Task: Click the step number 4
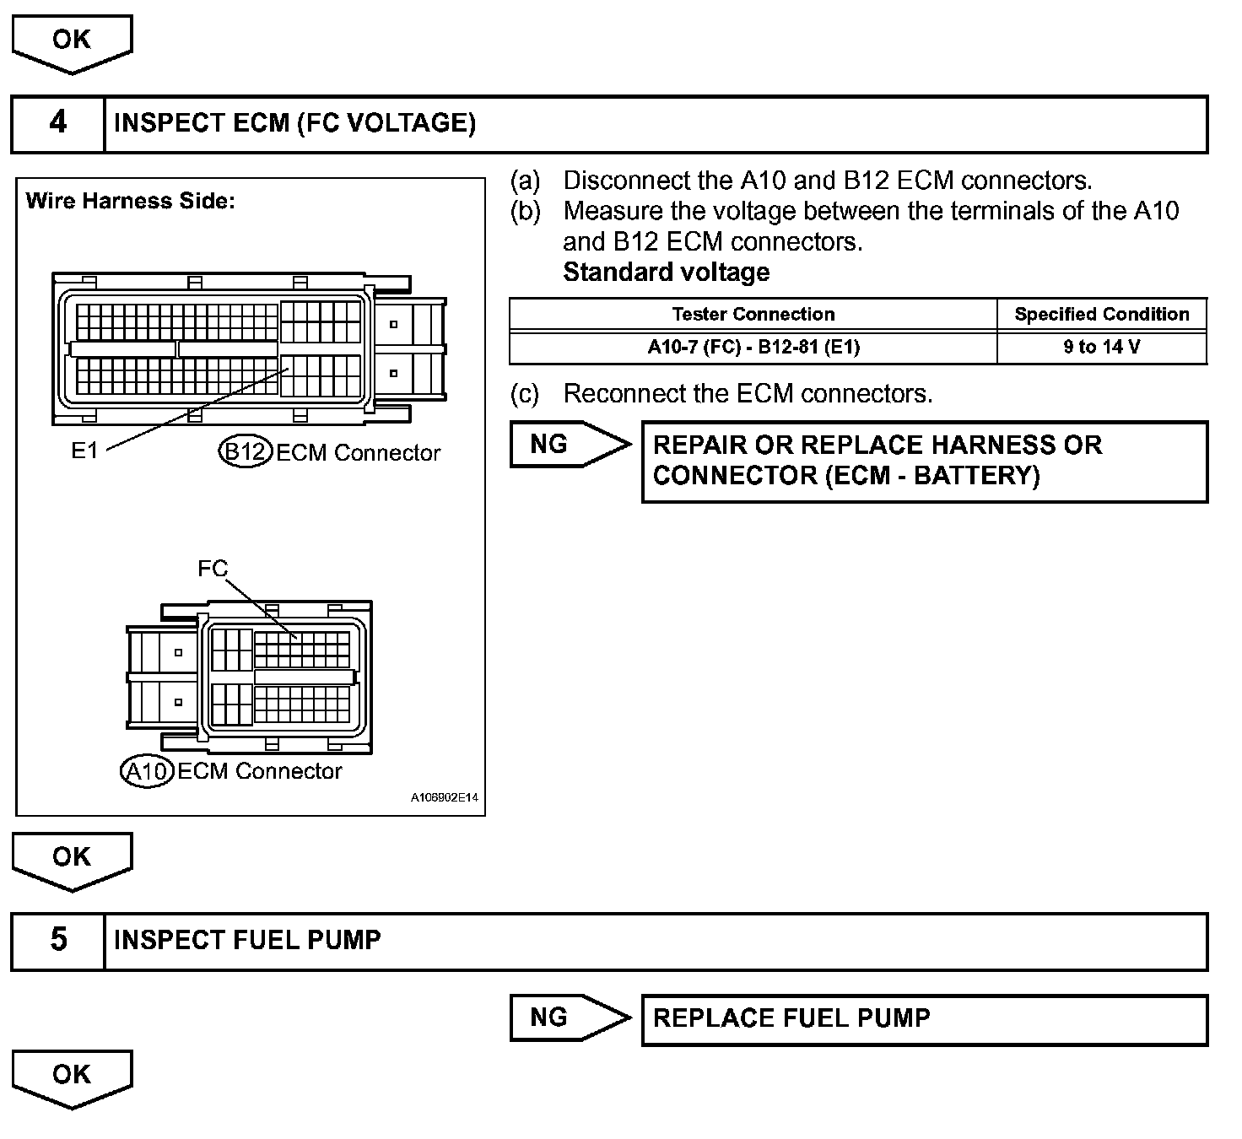coord(57,123)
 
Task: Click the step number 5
coord(57,940)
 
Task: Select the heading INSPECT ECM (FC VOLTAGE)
coord(294,123)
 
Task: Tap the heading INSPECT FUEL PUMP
coord(246,940)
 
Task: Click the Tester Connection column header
coord(753,315)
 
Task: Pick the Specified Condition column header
coord(1101,315)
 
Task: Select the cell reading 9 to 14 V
coord(1101,347)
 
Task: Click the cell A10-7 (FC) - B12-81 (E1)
coord(753,347)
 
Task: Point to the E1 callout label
coord(84,451)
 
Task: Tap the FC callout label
coord(212,569)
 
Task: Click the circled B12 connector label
coord(245,452)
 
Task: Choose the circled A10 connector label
coord(148,771)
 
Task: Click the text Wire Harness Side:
coord(130,201)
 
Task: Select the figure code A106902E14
coord(445,797)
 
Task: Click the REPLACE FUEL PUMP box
coord(924,1019)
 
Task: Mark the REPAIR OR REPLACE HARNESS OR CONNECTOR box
coord(924,461)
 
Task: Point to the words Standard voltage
coord(666,273)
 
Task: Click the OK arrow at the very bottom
coord(72,1077)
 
